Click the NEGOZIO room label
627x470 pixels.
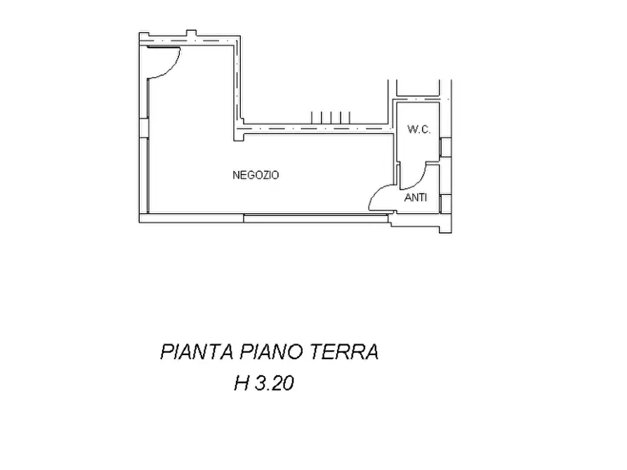[256, 175]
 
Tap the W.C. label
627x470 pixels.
[419, 129]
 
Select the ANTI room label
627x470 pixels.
[416, 198]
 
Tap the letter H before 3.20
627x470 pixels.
[242, 384]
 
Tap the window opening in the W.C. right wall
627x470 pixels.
[444, 147]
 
